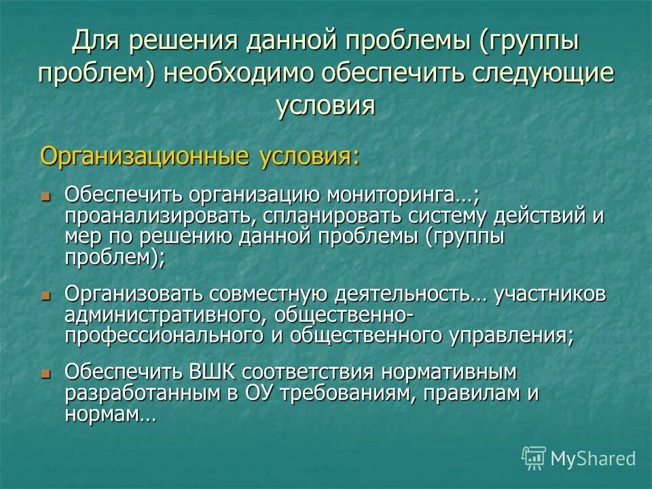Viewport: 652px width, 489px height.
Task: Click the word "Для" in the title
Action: (98, 42)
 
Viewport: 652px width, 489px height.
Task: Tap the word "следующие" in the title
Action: (530, 74)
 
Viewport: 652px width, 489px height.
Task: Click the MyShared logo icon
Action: (534, 458)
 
